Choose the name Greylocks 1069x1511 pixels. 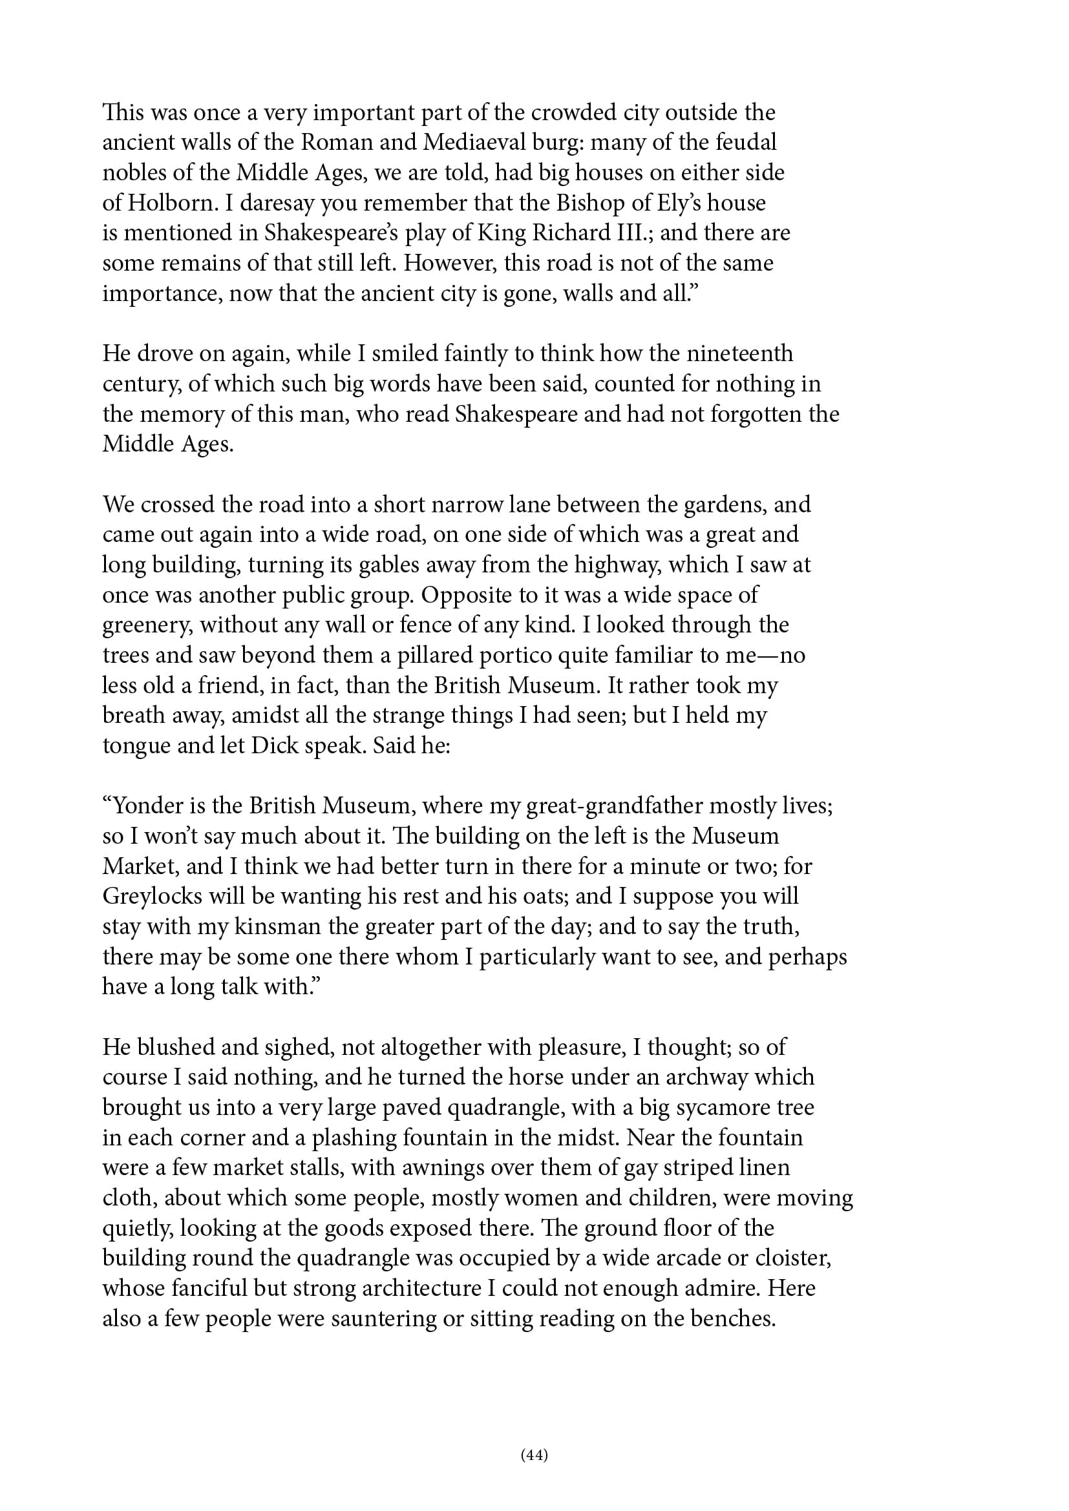click(151, 897)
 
